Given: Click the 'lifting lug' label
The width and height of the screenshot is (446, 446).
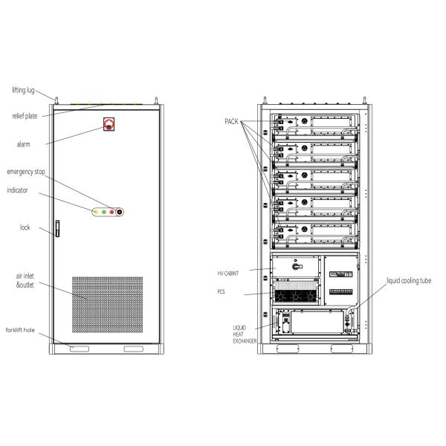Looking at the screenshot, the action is point(23,90).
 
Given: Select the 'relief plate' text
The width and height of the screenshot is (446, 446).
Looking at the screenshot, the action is point(25,116).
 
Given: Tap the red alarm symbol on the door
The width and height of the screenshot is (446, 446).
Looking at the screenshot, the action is point(109,124).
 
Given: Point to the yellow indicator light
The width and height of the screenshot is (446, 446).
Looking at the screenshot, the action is point(96,212).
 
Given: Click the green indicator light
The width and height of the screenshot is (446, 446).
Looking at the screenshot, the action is point(104,212).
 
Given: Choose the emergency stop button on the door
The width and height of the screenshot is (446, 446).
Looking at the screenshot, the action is point(120,212).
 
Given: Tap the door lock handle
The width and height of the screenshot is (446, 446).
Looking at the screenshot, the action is point(57,228).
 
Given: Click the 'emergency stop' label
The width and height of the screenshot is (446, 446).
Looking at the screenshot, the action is point(26,172).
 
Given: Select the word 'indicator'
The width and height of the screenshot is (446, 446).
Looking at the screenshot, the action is point(17,190).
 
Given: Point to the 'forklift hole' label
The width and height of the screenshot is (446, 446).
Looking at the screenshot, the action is point(20,330).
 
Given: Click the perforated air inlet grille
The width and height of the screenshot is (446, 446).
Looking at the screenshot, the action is point(107,305).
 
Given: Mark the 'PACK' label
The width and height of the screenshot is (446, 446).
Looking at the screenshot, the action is point(231,122).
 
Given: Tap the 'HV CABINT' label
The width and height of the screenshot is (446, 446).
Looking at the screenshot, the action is point(228,274).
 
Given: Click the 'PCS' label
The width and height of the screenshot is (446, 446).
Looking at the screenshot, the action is point(221,291).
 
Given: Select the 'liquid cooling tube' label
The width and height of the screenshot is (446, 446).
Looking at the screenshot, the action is point(409,281).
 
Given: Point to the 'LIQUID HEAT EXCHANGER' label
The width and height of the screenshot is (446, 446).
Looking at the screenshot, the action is point(245,334).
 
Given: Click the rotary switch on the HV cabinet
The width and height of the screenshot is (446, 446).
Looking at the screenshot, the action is point(297,267).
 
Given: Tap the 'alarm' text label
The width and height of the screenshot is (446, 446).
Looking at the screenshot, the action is point(23,144).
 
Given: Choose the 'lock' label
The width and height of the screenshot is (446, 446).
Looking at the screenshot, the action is point(25,227).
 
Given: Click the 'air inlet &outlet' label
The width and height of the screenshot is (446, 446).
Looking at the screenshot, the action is point(25,280).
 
